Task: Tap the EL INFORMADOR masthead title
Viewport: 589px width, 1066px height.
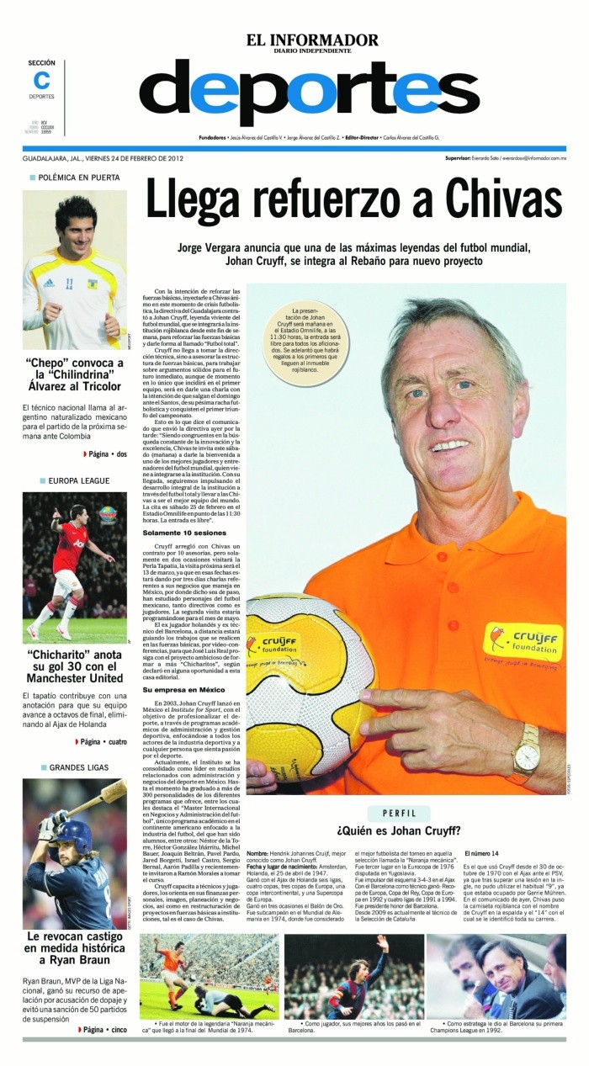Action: coord(311,40)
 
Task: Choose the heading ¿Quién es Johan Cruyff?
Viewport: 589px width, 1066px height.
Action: coord(398,832)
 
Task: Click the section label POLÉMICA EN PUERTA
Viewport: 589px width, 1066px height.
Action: coord(78,178)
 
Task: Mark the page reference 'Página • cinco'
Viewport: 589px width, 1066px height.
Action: coord(103,1029)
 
